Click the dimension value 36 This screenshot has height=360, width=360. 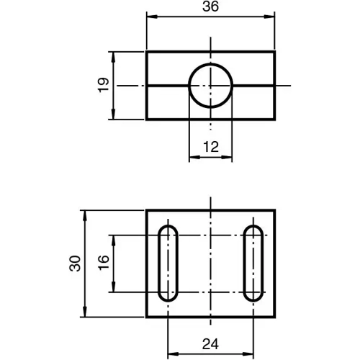[210, 6]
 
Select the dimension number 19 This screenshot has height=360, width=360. [104, 85]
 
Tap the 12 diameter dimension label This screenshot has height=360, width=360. [210, 146]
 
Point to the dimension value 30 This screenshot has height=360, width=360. [75, 264]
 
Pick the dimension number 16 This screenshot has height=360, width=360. [103, 264]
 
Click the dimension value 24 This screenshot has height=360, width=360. [210, 345]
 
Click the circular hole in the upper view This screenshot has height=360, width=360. [210, 86]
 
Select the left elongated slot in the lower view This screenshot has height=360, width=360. [168, 264]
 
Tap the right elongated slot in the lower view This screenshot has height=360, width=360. [253, 264]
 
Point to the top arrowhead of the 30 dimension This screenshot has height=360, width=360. [85, 214]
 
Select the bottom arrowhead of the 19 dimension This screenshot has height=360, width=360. [113, 116]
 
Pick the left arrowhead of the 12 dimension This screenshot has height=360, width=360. [192, 156]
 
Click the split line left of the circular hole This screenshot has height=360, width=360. [168, 86]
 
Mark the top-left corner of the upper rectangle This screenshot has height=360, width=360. [147, 52]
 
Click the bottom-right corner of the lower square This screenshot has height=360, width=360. [275, 318]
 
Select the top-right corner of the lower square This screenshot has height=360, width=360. [275, 210]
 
